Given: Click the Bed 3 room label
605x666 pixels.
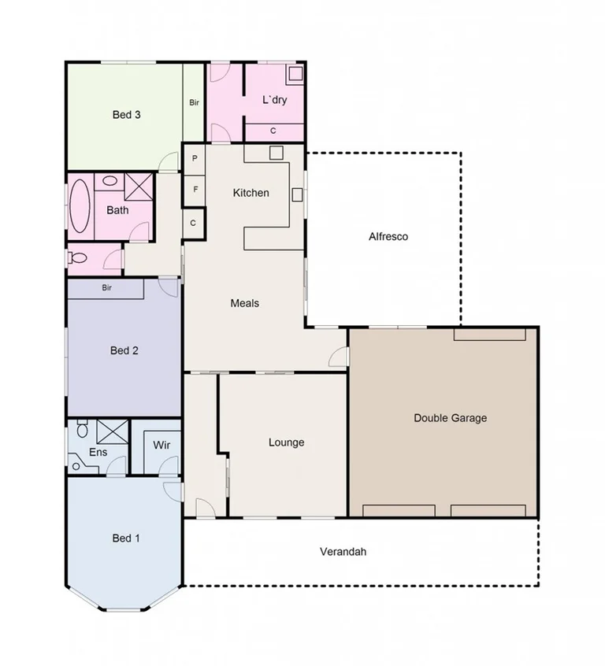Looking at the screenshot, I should (126, 115).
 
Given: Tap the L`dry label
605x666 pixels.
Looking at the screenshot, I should (274, 100).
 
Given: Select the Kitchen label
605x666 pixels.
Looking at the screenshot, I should (251, 193).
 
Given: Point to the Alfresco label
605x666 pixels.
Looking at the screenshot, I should (388, 237).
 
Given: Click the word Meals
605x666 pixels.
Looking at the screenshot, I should (244, 303).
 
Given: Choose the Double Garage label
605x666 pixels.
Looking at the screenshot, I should (450, 418).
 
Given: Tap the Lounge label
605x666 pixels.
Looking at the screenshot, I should (286, 442).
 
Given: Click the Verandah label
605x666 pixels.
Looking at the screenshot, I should (343, 552).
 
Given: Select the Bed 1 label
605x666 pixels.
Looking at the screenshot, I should (126, 538).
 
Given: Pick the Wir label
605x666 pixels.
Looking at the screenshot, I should (161, 446).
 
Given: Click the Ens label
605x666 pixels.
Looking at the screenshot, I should (98, 452).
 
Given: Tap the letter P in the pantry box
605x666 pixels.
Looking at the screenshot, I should (195, 158).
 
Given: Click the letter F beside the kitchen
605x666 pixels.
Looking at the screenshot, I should (195, 190).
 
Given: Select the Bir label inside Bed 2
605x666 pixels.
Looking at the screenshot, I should (106, 288).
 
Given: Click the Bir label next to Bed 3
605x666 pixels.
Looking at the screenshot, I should (194, 102).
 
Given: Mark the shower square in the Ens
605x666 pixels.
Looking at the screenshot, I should (112, 431).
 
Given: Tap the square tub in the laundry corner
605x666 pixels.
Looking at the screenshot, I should (295, 74).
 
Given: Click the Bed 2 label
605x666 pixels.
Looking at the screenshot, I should (124, 350).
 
